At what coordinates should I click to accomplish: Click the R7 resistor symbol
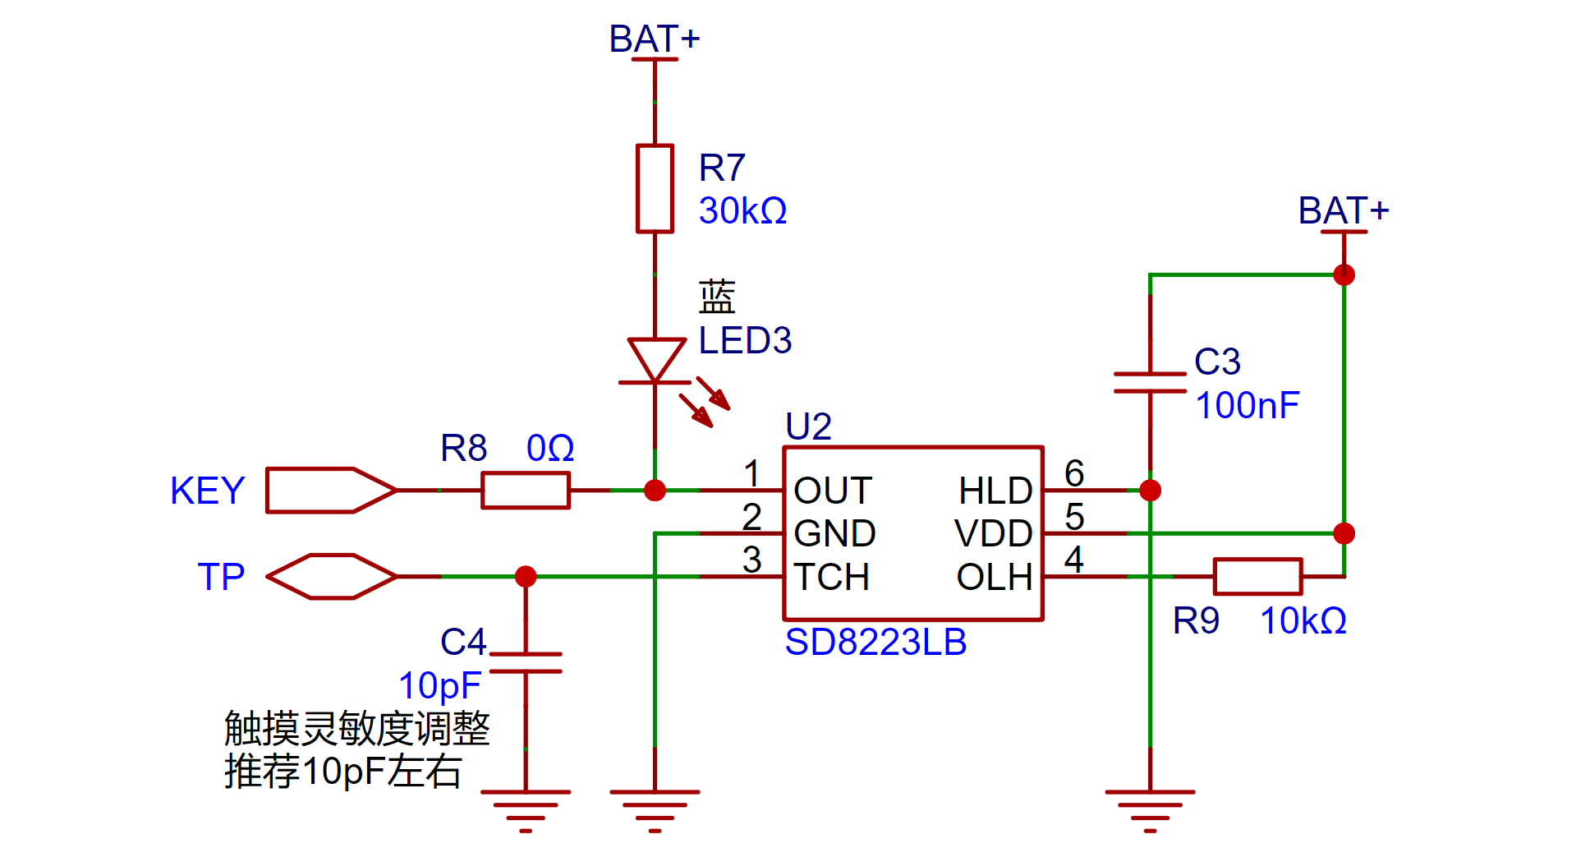coord(655,189)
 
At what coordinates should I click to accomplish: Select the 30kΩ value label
coord(742,211)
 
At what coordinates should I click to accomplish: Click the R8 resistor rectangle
coord(526,491)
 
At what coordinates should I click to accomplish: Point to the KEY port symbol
coord(331,491)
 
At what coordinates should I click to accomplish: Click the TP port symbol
coord(332,577)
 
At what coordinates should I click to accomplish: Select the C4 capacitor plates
coord(526,663)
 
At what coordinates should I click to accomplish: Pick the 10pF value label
coord(439,686)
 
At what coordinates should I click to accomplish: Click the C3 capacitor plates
coord(1150,383)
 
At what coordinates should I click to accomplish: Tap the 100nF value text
coord(1248,405)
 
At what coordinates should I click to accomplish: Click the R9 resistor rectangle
coord(1257,577)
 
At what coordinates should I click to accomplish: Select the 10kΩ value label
coord(1303,621)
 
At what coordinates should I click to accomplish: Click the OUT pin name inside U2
coord(833,491)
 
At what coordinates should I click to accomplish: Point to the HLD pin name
coord(995,491)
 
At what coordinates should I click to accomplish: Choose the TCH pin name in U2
coord(832,577)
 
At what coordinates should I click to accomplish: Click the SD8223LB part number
coord(875,642)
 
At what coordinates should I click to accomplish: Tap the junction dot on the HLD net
coord(1150,491)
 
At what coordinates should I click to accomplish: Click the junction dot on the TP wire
coord(526,577)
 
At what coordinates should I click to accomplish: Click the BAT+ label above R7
coord(654,39)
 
